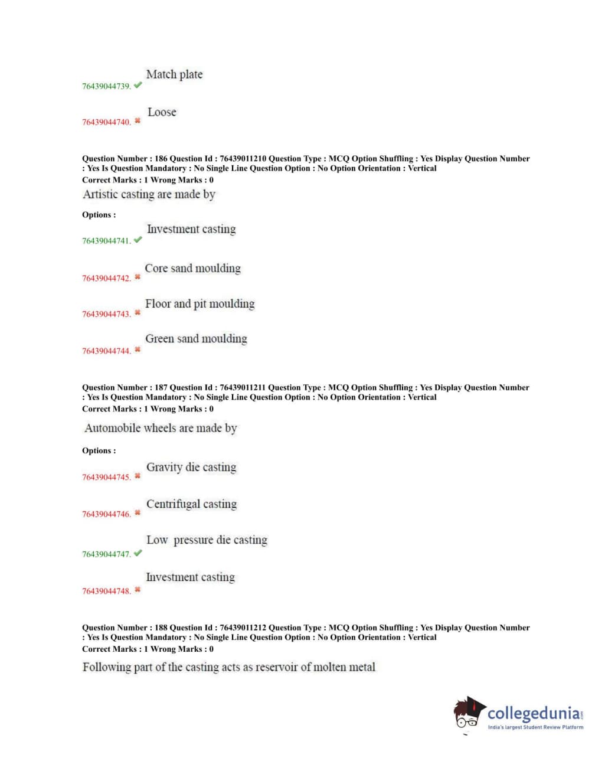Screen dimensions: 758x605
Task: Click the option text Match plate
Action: pos(174,74)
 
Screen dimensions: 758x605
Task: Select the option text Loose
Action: pos(162,112)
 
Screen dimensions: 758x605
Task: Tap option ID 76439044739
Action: pos(106,86)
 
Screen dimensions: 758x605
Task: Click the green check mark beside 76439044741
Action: pos(138,240)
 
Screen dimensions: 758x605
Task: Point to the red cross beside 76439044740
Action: pos(138,121)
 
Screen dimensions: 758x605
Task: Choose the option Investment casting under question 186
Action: pos(191,229)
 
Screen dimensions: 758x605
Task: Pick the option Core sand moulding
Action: pos(193,268)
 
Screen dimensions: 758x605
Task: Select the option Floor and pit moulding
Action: pos(200,304)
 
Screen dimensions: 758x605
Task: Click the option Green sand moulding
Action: pos(196,339)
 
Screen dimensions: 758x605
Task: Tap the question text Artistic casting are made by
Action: pos(149,194)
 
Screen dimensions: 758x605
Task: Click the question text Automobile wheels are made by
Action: pos(161,428)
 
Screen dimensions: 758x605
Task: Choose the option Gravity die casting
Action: pos(191,467)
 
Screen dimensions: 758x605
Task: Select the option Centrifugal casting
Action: pos(191,504)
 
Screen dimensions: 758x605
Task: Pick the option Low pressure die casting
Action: pos(207,540)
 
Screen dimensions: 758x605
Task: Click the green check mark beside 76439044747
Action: pos(138,553)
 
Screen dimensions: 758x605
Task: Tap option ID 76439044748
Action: pos(106,591)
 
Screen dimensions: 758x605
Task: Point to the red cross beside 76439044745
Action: pos(138,476)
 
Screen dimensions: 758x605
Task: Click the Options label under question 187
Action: pos(99,450)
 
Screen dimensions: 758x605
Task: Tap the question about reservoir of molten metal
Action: pos(229,667)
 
